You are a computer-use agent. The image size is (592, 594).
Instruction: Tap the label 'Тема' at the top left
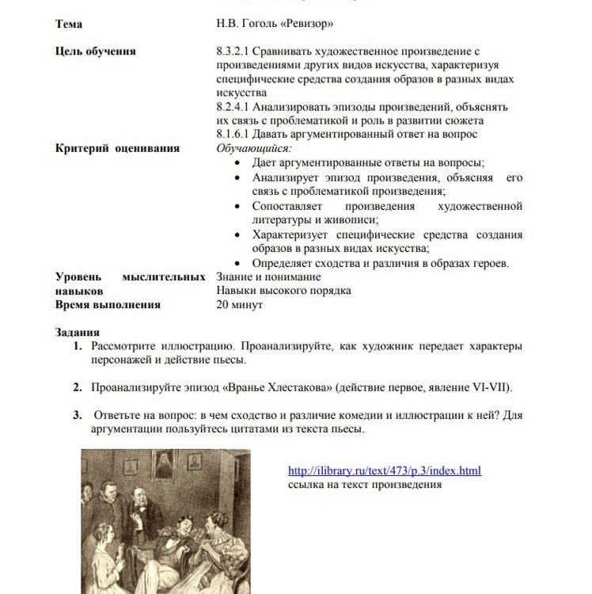(x=69, y=25)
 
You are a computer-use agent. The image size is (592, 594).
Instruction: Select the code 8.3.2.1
(x=235, y=51)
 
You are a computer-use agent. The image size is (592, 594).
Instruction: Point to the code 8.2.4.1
(x=235, y=107)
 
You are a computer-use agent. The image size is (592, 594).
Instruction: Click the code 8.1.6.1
(x=235, y=134)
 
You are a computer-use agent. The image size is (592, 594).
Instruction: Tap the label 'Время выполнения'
(x=108, y=304)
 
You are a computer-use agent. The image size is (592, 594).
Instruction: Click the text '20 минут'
(x=240, y=304)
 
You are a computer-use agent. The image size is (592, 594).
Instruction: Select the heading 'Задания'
(x=78, y=333)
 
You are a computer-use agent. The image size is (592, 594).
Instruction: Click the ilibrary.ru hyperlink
(x=384, y=470)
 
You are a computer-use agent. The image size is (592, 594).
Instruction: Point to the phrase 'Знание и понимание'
(x=268, y=277)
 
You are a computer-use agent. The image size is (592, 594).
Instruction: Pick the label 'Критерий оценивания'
(x=117, y=148)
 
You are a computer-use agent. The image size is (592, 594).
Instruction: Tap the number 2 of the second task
(x=78, y=387)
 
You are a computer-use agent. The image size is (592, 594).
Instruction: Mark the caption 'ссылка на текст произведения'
(x=365, y=485)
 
